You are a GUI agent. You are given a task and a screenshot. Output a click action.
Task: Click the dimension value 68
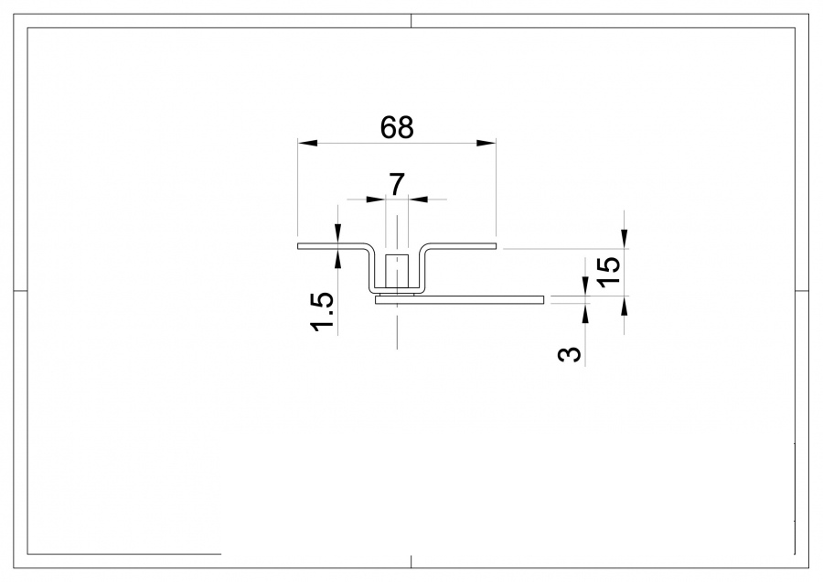[x=397, y=128]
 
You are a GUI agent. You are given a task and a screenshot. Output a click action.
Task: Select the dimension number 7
[x=397, y=185]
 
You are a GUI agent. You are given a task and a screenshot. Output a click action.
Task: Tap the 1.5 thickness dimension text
[x=323, y=312]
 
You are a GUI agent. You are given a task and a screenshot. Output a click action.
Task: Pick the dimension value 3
[x=570, y=353]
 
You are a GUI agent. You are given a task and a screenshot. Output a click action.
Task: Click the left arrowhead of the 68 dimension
[x=307, y=143]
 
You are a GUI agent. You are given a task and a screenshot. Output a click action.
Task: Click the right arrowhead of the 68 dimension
[x=486, y=143]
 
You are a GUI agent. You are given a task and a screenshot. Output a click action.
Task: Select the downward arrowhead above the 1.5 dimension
[x=338, y=238]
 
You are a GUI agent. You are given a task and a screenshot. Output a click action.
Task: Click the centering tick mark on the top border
[x=411, y=21]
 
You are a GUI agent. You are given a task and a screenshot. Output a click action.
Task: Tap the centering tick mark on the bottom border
[x=411, y=561]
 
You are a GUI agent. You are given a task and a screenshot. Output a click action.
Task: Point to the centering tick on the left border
[x=20, y=291]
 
